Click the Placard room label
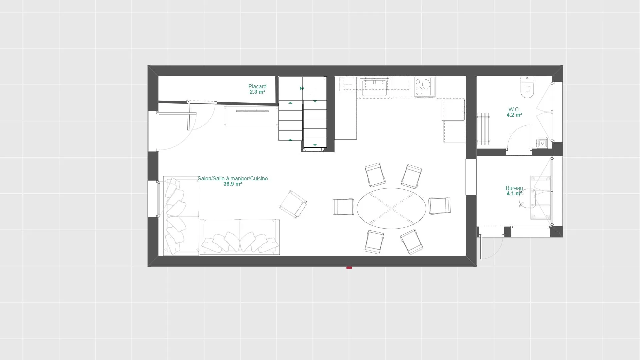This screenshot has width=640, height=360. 257,86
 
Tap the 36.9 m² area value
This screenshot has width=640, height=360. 233,184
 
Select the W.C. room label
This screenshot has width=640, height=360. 514,109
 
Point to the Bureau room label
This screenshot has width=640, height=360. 514,188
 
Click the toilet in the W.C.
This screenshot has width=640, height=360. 527,87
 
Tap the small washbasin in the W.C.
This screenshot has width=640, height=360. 542,143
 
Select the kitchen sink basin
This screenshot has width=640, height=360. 374,88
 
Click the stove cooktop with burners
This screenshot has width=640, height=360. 425,87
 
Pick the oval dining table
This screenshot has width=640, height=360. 391,208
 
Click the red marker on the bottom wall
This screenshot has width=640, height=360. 349,267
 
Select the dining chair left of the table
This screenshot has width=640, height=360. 343,207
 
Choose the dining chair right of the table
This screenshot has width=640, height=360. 439,206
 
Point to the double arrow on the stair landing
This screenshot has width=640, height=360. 302,88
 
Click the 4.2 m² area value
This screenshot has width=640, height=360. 514,115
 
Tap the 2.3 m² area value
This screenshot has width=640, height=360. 257,92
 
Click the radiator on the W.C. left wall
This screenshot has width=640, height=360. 483,129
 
